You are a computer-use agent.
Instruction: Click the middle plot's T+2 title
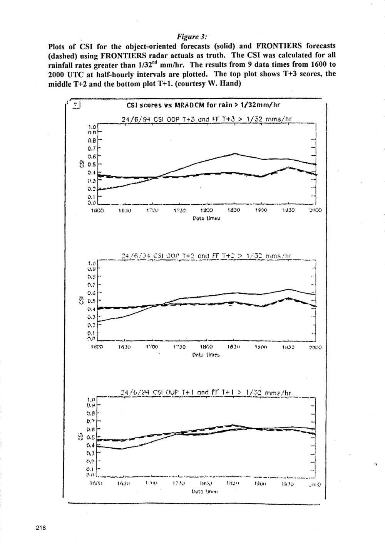point(207,256)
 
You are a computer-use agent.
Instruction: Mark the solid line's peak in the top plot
point(235,153)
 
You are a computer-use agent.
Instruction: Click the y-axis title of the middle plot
point(81,299)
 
